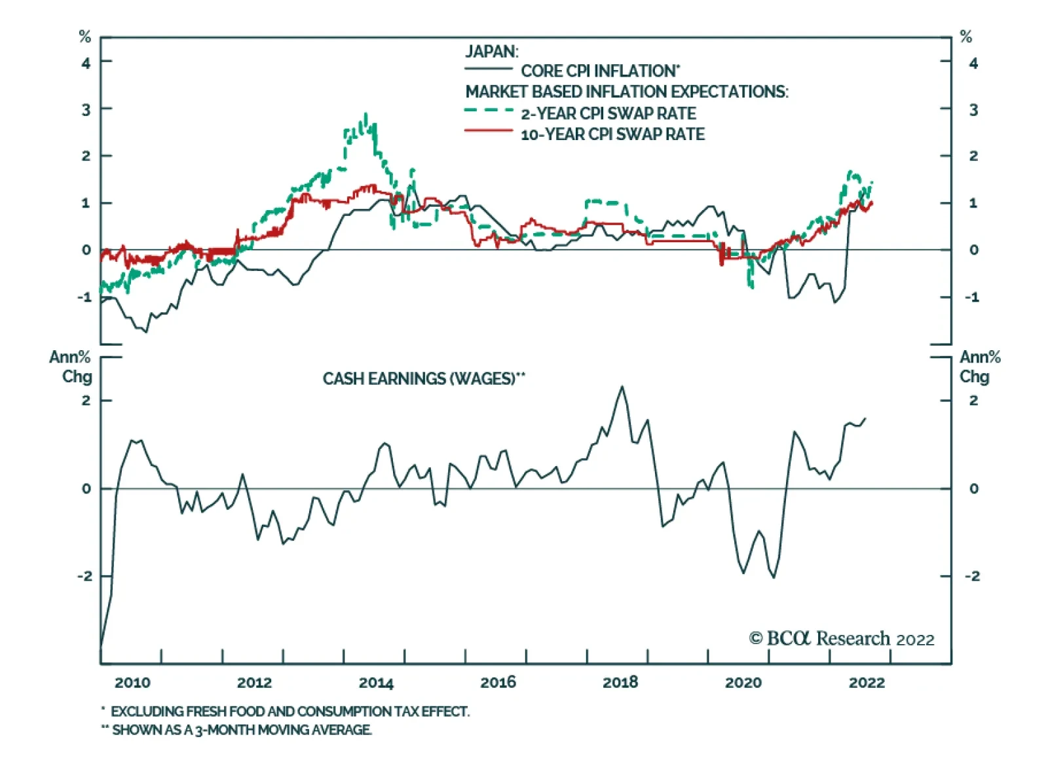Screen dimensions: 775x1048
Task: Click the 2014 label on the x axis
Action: [x=376, y=683]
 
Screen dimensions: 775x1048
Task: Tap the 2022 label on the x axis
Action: [x=867, y=683]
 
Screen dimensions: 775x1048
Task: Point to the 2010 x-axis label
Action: [x=132, y=683]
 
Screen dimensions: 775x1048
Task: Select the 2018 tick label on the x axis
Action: [x=620, y=683]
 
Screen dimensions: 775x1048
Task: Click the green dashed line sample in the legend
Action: [x=488, y=111]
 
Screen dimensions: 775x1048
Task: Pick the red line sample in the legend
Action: [x=488, y=132]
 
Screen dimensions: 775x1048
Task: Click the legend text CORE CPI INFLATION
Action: [x=600, y=71]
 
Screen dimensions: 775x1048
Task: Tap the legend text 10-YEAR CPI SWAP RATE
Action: [x=612, y=134]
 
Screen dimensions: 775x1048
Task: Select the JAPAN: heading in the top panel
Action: [x=491, y=52]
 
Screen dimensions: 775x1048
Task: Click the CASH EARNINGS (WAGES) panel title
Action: [x=423, y=379]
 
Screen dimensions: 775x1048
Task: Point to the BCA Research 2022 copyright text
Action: [x=842, y=639]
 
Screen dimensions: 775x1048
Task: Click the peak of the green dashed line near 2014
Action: [x=365, y=115]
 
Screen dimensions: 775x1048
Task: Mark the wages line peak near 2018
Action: [x=622, y=387]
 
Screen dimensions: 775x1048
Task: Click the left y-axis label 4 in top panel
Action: [x=86, y=63]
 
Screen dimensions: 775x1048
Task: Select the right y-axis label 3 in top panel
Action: [x=973, y=110]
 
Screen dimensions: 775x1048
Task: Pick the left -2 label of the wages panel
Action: [x=85, y=577]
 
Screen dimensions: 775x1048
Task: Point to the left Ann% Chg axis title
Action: [x=71, y=367]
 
